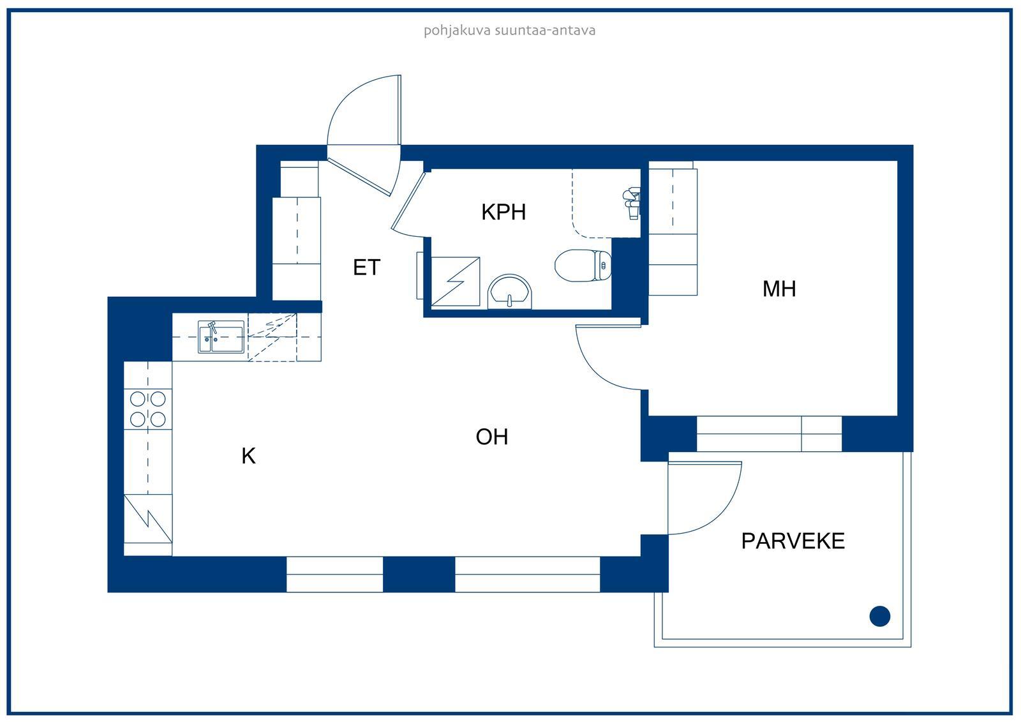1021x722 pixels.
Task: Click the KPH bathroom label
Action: [503, 212]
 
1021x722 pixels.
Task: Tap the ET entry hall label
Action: [366, 267]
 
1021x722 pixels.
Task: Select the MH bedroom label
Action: [779, 289]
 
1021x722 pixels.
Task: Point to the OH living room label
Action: [492, 437]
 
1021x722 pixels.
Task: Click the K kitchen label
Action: [248, 456]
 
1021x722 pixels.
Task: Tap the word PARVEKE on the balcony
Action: [793, 541]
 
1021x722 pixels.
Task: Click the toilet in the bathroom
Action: [583, 266]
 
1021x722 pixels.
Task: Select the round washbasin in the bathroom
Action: [510, 292]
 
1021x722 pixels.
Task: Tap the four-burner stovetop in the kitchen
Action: [147, 409]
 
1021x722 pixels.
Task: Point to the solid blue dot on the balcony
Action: [880, 616]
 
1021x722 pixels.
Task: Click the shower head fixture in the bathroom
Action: [632, 203]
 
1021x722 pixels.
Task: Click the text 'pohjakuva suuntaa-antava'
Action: [510, 31]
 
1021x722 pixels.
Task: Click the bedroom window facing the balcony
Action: [769, 433]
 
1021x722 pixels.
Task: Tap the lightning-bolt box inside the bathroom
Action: [456, 282]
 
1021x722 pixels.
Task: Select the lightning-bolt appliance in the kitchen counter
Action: [147, 518]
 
